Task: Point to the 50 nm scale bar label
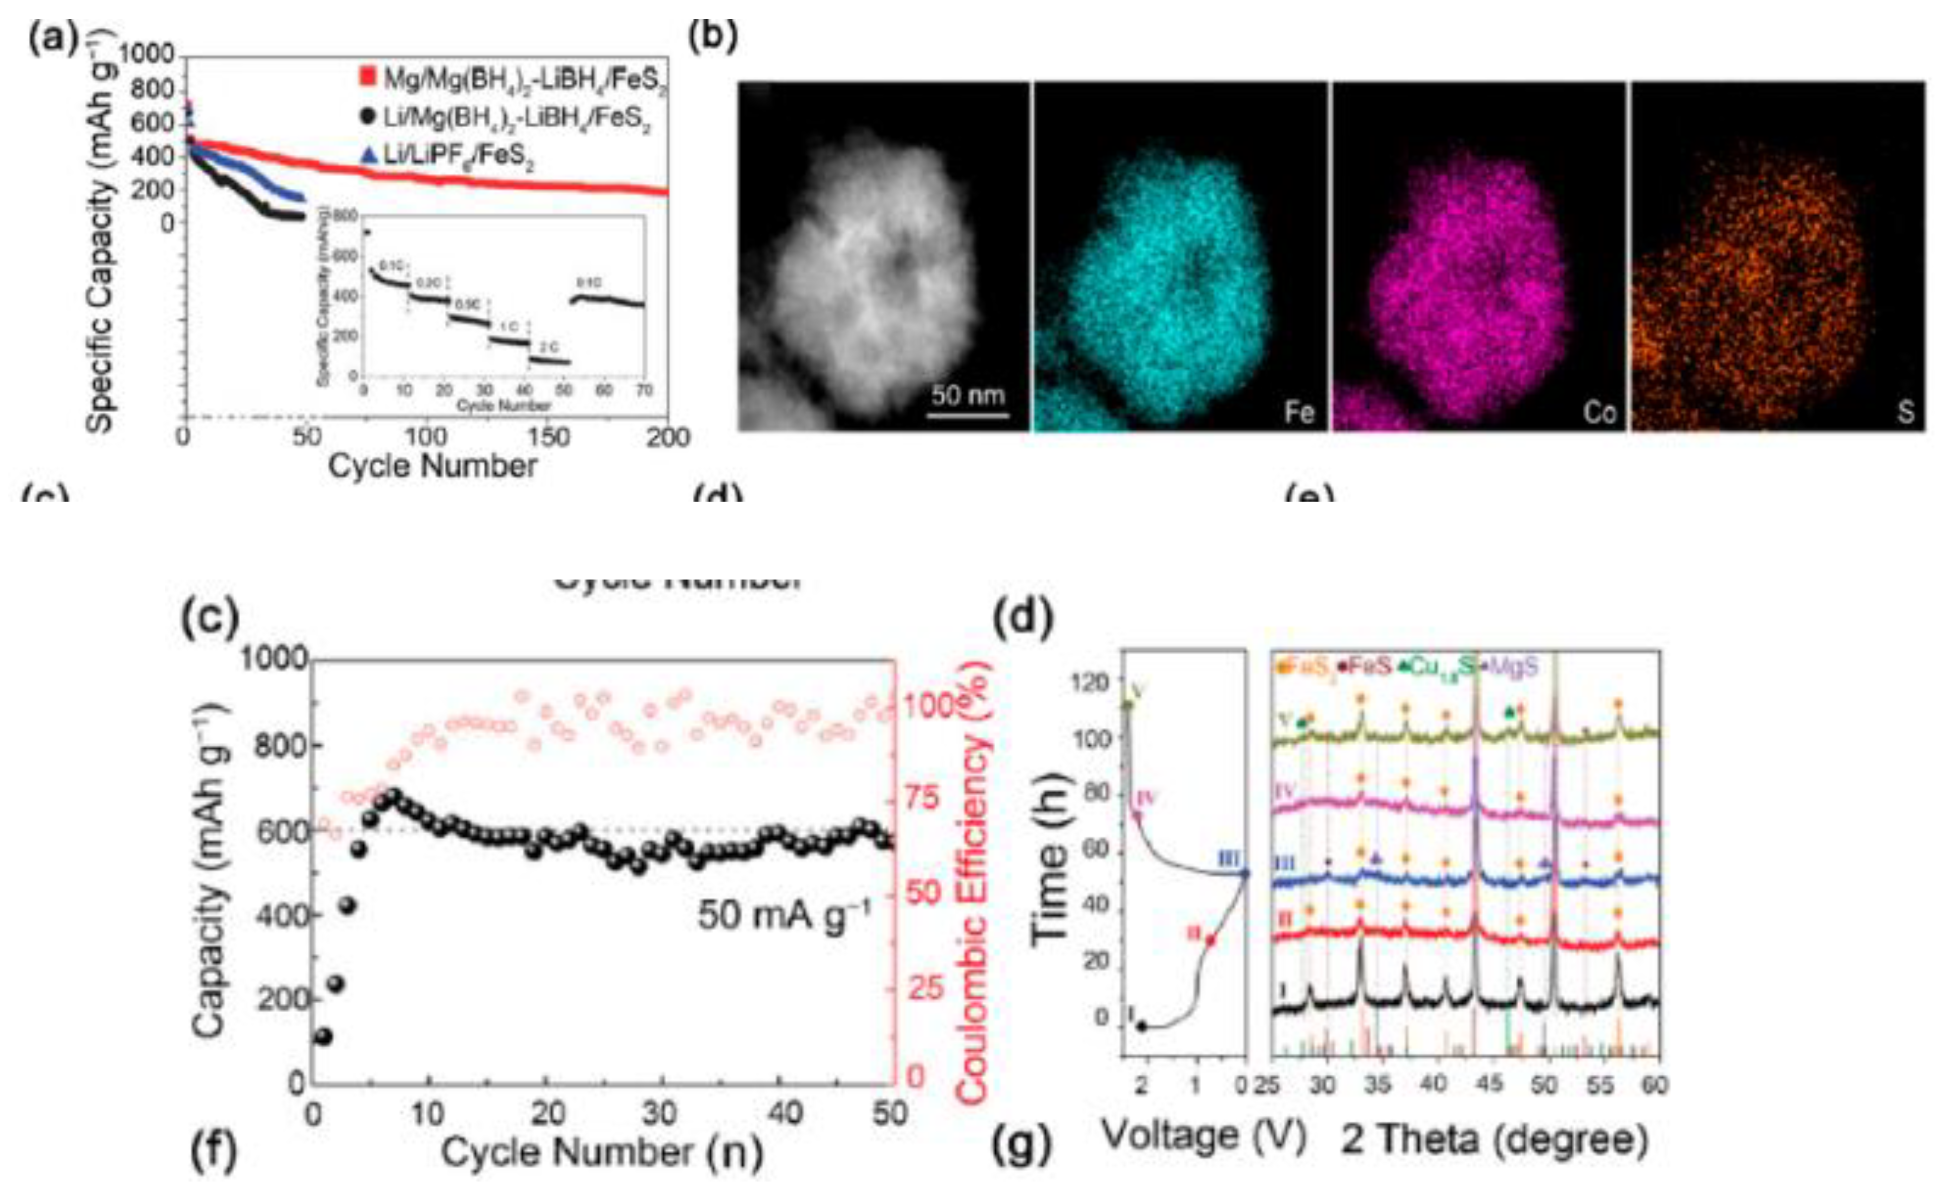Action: pyautogui.click(x=967, y=394)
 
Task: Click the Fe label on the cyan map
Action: pyautogui.click(x=1299, y=411)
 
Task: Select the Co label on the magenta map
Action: pyautogui.click(x=1599, y=411)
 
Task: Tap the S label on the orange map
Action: pyautogui.click(x=1906, y=411)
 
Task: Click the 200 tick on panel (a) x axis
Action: pyautogui.click(x=667, y=437)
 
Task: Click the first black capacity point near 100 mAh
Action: pyautogui.click(x=323, y=1035)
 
